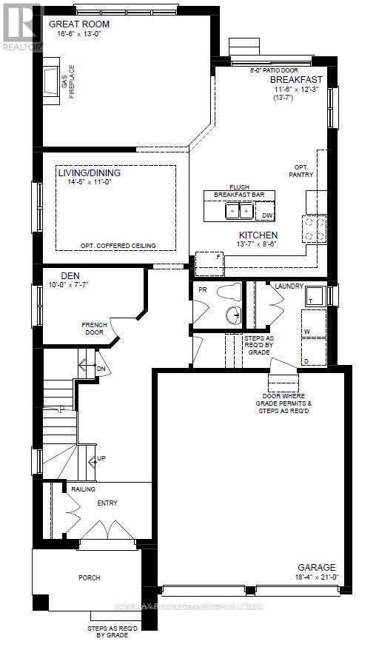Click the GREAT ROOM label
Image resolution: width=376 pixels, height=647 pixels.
point(74,24)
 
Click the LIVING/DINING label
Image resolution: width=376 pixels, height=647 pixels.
point(89,173)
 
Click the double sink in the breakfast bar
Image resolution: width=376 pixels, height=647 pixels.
point(239,212)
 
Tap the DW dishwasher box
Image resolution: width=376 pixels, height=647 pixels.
point(267,215)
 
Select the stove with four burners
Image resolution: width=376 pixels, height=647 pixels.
point(315,229)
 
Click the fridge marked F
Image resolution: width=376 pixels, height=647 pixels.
point(219,255)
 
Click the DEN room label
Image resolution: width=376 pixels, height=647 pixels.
point(70,275)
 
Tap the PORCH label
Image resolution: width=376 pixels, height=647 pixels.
point(90,577)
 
